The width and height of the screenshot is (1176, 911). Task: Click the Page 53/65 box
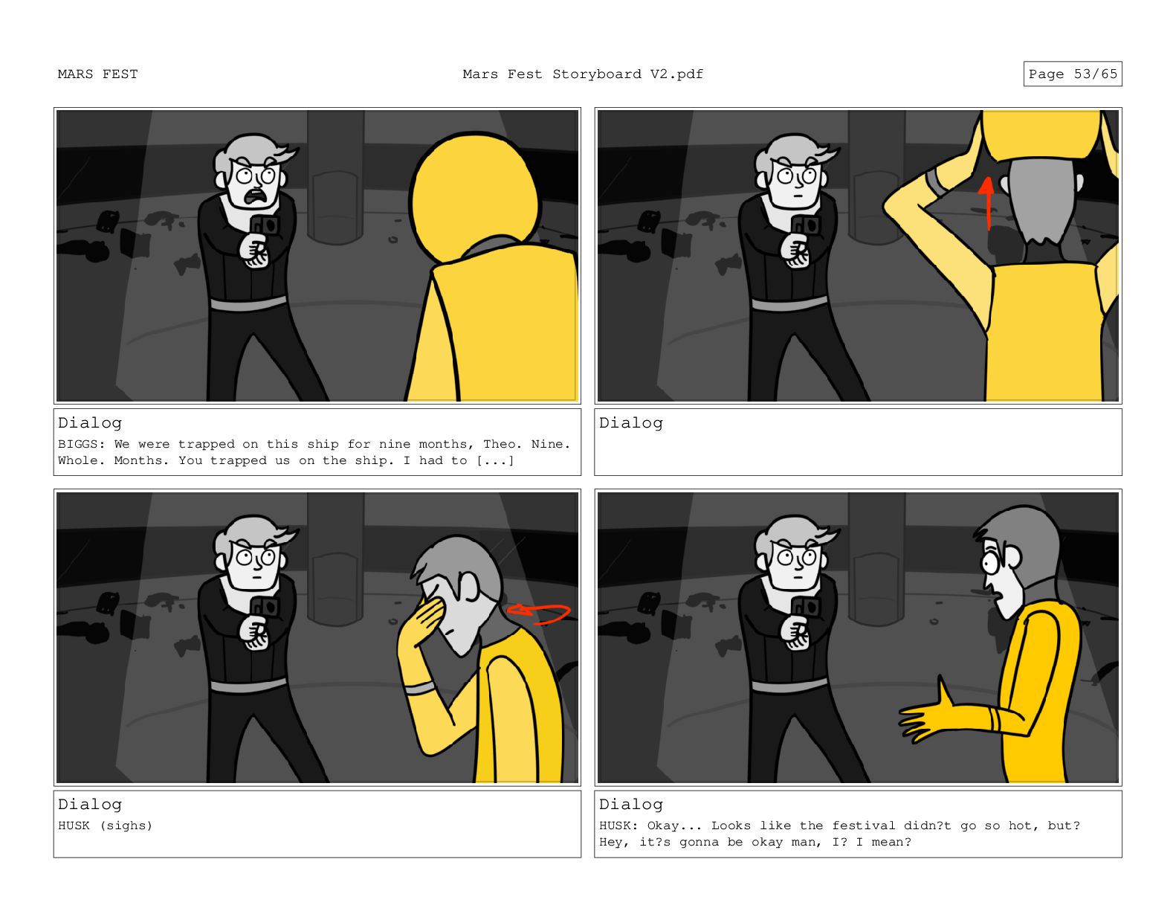[x=1072, y=74]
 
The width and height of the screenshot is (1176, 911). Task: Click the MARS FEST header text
[x=97, y=74]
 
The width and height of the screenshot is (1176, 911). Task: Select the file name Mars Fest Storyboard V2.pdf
[x=583, y=74]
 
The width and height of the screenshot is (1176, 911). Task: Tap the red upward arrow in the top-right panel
[x=986, y=203]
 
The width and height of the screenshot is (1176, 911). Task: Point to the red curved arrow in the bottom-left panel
[x=538, y=614]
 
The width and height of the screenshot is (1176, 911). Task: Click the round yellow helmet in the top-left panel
[x=474, y=195]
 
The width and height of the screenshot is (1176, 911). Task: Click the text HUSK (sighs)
[x=106, y=826]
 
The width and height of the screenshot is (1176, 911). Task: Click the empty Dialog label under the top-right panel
[x=631, y=423]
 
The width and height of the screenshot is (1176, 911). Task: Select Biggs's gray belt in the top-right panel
[x=789, y=303]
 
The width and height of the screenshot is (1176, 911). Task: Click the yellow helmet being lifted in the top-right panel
[x=1041, y=135]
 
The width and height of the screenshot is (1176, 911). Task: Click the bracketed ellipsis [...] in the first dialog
[x=495, y=460]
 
